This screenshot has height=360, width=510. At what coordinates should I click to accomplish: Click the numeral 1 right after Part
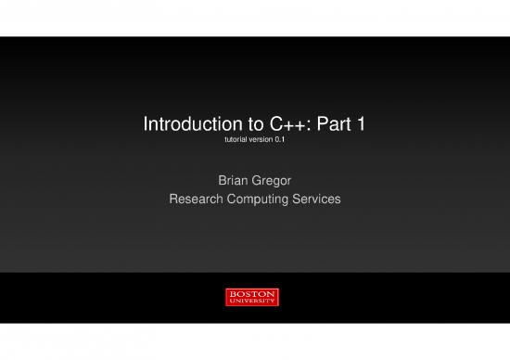point(357,124)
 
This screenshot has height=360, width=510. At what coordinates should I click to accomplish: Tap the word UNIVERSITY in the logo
point(252,302)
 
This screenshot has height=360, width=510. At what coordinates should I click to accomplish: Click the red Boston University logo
point(252,297)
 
